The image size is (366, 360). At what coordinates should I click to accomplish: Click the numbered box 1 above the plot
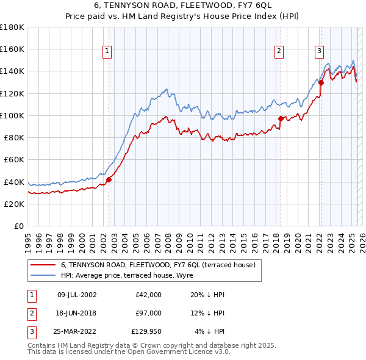pyautogui.click(x=107, y=52)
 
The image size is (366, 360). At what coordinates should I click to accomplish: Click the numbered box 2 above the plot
pyautogui.click(x=279, y=52)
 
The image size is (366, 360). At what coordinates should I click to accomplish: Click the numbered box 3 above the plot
pyautogui.click(x=319, y=52)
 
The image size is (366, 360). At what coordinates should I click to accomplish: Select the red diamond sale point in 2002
pyautogui.click(x=109, y=179)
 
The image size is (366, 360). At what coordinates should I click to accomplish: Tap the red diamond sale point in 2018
pyautogui.click(x=281, y=119)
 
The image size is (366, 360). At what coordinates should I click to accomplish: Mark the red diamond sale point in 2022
pyautogui.click(x=321, y=82)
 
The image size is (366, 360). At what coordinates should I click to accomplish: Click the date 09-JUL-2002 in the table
pyautogui.click(x=77, y=295)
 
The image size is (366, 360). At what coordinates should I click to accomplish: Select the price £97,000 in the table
pyautogui.click(x=149, y=313)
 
